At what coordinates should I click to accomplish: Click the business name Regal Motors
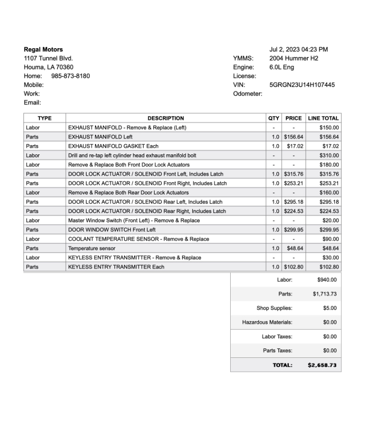43,50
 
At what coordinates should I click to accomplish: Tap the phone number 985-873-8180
70,76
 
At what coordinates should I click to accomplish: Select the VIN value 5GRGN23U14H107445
302,85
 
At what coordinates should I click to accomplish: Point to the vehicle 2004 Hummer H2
294,58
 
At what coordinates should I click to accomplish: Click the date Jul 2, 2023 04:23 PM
298,50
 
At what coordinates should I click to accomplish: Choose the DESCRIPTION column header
165,118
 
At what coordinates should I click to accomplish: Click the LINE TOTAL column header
323,118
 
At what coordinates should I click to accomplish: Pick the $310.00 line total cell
329,155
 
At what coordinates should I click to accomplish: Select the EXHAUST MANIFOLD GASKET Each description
113,146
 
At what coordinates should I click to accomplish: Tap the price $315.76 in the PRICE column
293,174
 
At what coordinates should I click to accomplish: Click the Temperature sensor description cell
92,248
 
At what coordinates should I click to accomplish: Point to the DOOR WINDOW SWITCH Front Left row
112,229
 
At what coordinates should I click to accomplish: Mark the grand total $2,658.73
322,365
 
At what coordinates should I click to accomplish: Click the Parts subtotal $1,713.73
324,294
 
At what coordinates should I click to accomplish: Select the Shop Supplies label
274,308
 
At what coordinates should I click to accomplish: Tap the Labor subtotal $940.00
327,280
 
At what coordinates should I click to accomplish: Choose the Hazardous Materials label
267,322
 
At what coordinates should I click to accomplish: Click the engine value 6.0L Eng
282,67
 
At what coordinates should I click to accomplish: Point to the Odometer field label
247,94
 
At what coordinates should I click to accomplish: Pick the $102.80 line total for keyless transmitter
329,267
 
